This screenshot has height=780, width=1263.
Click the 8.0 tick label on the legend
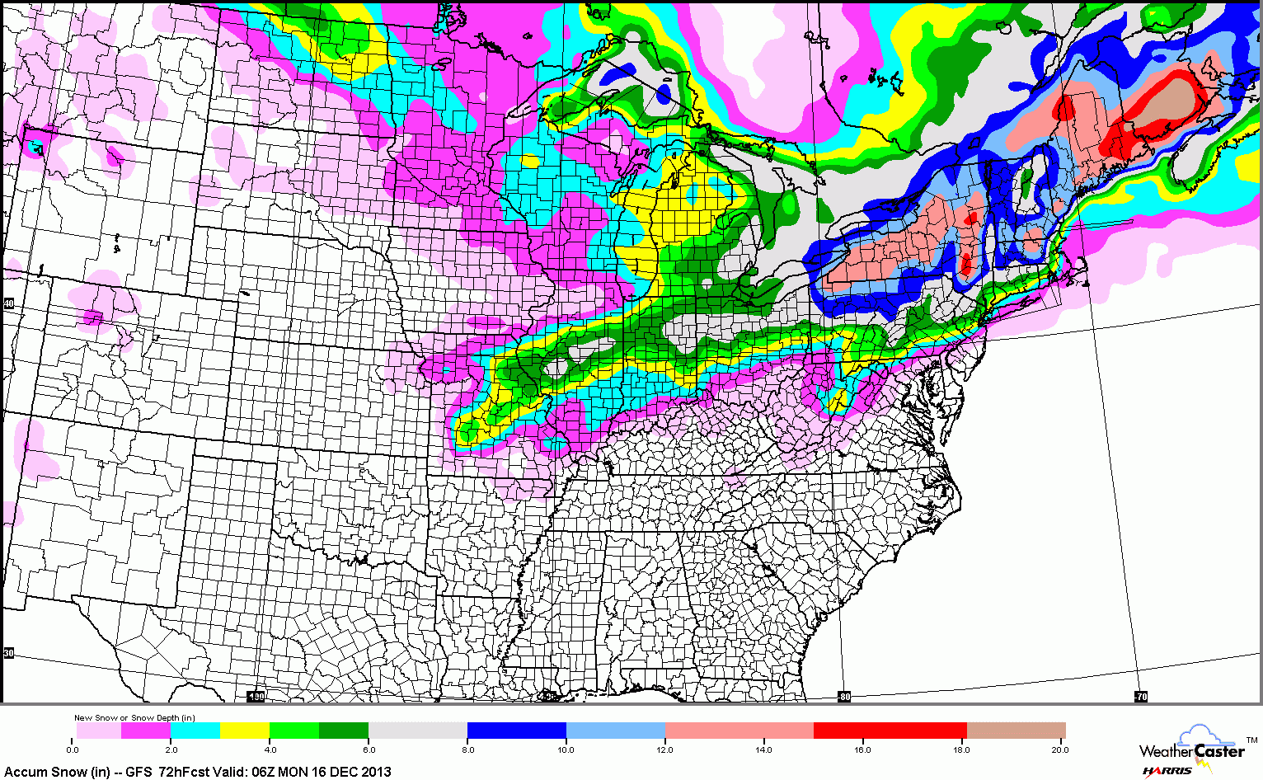(x=467, y=749)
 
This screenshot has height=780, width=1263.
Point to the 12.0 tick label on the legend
(x=665, y=749)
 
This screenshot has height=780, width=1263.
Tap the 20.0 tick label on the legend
(x=1059, y=749)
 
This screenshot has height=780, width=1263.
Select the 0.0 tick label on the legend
(x=73, y=749)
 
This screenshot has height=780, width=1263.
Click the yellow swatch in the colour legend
(x=245, y=731)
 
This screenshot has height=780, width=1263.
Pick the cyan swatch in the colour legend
(x=195, y=731)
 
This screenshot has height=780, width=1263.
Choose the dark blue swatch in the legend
(x=517, y=731)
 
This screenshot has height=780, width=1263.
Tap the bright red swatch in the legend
(x=890, y=731)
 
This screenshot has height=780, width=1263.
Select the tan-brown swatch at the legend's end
(x=1016, y=731)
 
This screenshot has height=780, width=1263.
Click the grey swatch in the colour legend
(x=418, y=731)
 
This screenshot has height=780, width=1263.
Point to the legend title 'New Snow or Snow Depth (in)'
(x=134, y=718)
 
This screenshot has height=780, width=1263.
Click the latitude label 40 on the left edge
(x=9, y=304)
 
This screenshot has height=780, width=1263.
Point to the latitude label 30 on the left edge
(x=9, y=653)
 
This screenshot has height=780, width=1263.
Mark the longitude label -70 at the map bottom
(x=1140, y=697)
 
